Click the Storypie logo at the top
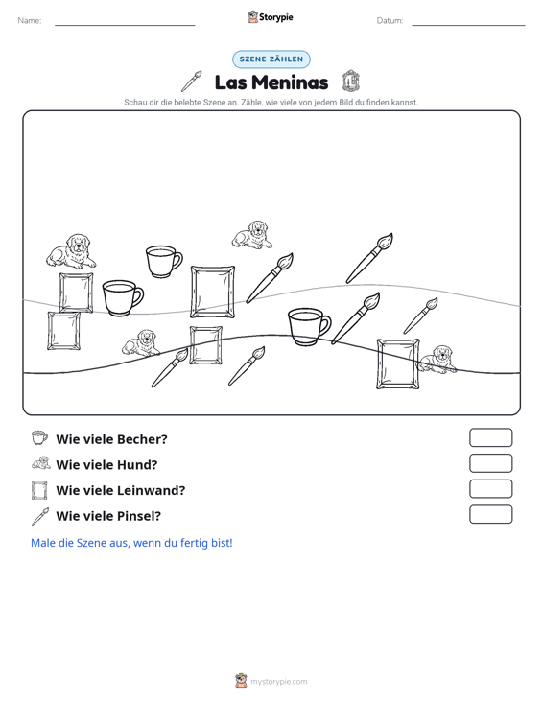tap(271, 17)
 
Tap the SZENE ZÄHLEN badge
tap(271, 59)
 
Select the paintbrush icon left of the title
tap(192, 82)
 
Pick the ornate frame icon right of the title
tap(350, 82)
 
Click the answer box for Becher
tap(490, 437)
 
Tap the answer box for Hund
tap(490, 463)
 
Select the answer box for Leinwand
tap(490, 489)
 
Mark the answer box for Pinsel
tap(490, 514)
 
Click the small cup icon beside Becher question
tap(39, 437)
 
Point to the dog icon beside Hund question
tap(41, 462)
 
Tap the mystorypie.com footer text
tap(278, 682)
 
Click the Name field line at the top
tap(125, 25)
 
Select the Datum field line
tap(468, 25)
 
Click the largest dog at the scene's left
tap(71, 251)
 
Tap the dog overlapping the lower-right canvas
tap(437, 359)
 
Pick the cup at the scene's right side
tap(309, 326)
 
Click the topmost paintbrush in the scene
tap(369, 258)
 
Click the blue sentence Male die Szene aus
tap(131, 543)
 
